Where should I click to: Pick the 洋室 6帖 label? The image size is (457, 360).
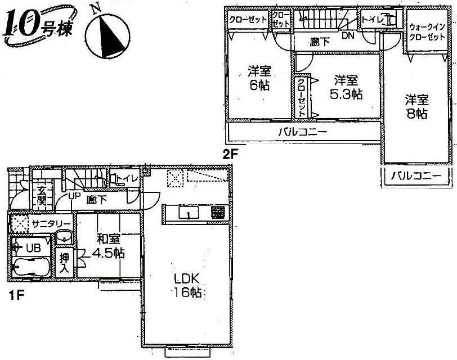[x=259, y=78]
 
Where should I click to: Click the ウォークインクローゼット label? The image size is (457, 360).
[x=427, y=31]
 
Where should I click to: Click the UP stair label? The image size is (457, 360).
[x=73, y=196]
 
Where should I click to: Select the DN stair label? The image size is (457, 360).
[x=347, y=35]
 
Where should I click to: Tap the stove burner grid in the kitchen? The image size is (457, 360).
[x=218, y=213]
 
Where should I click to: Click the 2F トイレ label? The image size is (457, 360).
[x=373, y=21]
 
